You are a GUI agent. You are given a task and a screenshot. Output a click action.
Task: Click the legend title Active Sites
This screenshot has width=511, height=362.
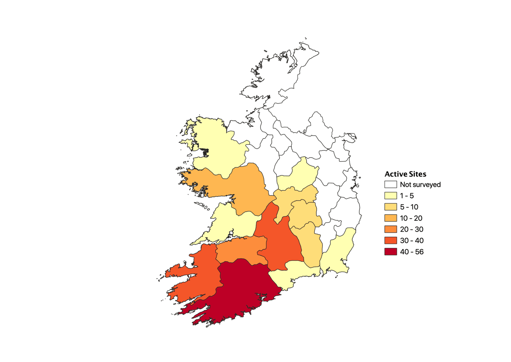pos(405,174)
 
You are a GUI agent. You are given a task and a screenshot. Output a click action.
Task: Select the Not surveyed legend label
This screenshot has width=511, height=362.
pos(420,185)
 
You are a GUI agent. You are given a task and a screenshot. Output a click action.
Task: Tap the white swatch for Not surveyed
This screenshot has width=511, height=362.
pos(391,185)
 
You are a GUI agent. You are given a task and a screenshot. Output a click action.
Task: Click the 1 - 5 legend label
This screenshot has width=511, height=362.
pos(407,196)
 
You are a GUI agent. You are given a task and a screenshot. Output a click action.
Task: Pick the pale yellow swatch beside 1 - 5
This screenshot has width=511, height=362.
pos(391,196)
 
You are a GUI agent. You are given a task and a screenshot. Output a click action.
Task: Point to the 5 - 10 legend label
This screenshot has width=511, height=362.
pos(409,207)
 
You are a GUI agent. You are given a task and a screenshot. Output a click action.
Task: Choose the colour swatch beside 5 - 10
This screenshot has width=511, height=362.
pos(391,207)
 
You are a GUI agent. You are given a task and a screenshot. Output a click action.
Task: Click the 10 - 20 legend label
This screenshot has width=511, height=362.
pos(411,218)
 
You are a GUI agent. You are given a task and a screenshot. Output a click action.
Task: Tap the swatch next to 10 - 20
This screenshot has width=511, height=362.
pos(391,218)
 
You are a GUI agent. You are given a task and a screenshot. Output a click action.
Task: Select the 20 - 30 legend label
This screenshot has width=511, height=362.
pos(412,229)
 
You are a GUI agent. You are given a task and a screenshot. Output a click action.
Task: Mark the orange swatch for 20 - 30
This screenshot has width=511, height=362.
pos(391,229)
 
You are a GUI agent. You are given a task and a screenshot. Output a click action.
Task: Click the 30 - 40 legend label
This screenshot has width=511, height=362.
pos(412,241)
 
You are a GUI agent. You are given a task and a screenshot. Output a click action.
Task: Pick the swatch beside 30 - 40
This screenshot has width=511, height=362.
pos(391,241)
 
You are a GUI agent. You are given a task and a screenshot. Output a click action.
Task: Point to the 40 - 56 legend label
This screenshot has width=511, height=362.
pos(412,252)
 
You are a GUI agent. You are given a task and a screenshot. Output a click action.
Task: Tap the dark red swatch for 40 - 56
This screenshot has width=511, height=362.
pos(391,252)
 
